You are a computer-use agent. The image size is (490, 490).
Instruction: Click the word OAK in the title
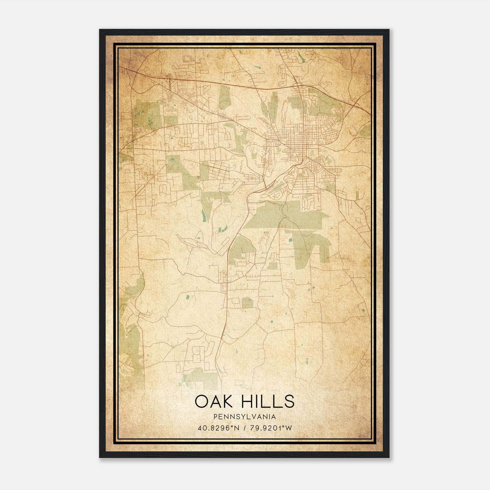tap(213, 401)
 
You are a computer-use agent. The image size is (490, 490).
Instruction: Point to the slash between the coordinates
tap(244, 428)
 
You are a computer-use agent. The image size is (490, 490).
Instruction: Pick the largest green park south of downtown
tap(285, 214)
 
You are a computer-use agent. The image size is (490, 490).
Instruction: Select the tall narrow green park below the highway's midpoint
tap(224, 97)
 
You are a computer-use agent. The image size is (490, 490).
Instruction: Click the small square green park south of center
tap(248, 302)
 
